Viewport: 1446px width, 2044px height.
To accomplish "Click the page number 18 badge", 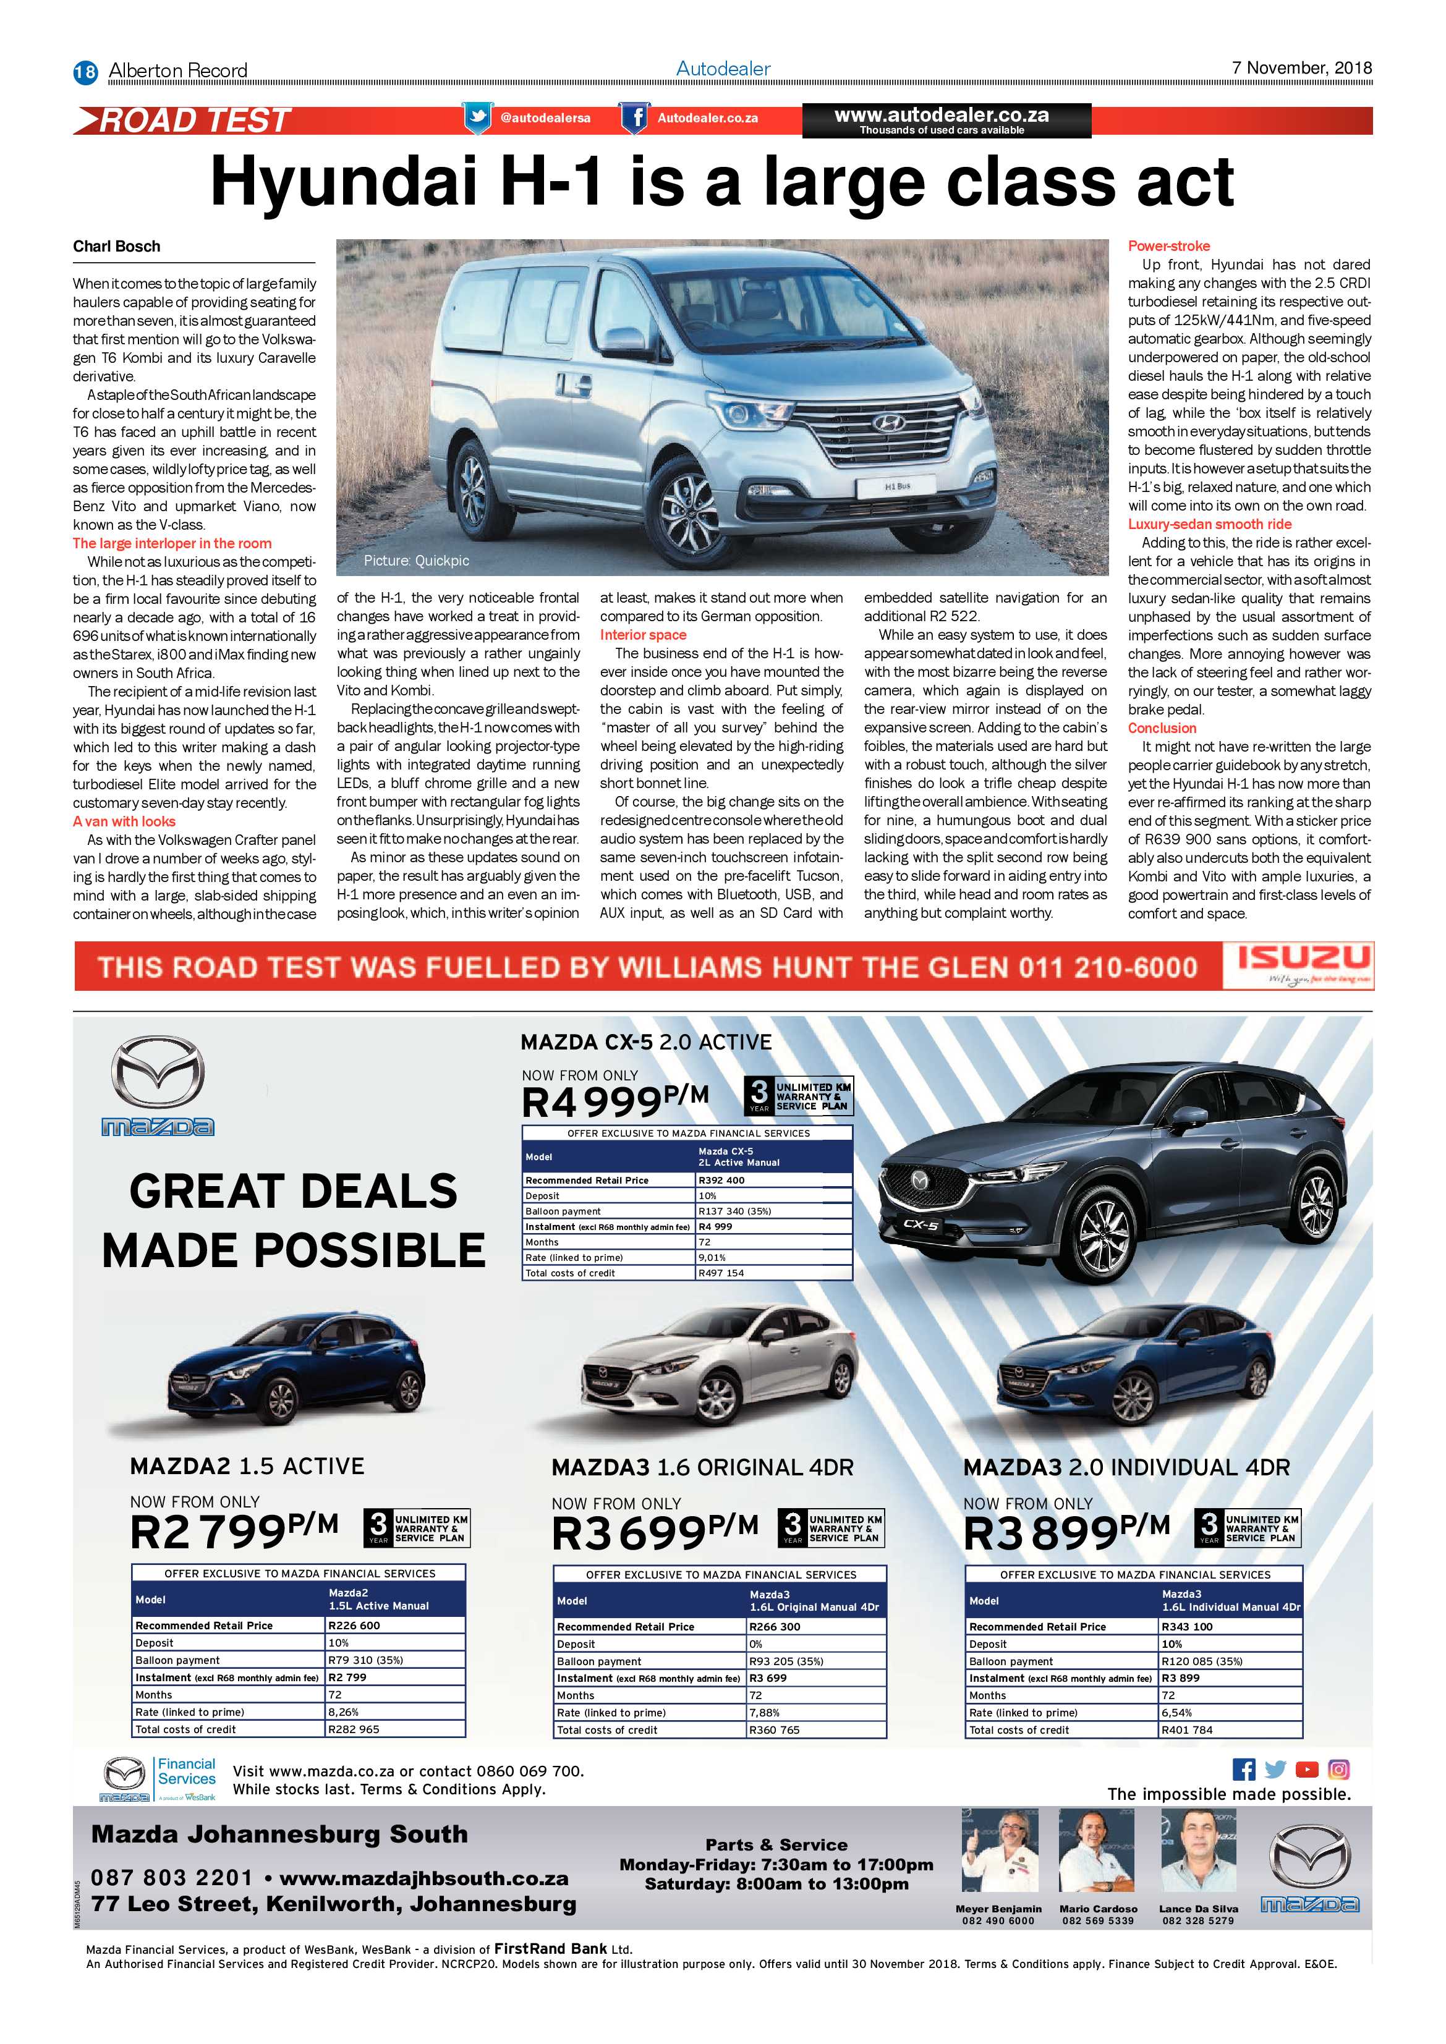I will coord(85,71).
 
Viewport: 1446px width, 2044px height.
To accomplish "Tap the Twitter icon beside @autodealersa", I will coord(477,117).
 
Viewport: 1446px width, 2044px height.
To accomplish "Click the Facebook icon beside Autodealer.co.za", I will coord(634,117).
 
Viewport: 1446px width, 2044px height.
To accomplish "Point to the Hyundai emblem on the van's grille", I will coord(888,423).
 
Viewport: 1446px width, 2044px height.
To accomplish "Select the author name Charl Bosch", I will coord(117,247).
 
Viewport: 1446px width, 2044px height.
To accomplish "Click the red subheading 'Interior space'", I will coord(643,635).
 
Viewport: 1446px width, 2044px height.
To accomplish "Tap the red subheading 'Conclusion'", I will coord(1162,727).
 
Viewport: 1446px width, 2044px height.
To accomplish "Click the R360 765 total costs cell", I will coord(774,1731).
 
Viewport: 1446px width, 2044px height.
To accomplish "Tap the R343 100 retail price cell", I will coord(1187,1626).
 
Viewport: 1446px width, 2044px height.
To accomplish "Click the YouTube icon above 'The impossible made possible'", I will coord(1306,1770).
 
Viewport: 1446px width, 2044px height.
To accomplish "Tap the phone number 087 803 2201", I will coord(172,1878).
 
